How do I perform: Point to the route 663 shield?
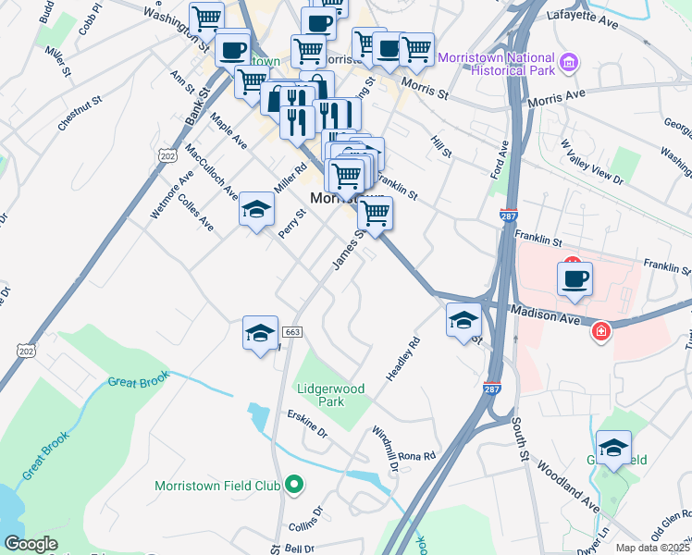(292, 332)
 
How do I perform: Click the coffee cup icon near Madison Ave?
(575, 278)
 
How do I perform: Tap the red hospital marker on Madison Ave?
(600, 330)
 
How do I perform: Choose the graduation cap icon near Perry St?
(257, 209)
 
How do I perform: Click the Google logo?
(31, 544)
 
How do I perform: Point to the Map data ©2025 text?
(653, 548)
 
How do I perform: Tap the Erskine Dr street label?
(307, 424)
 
